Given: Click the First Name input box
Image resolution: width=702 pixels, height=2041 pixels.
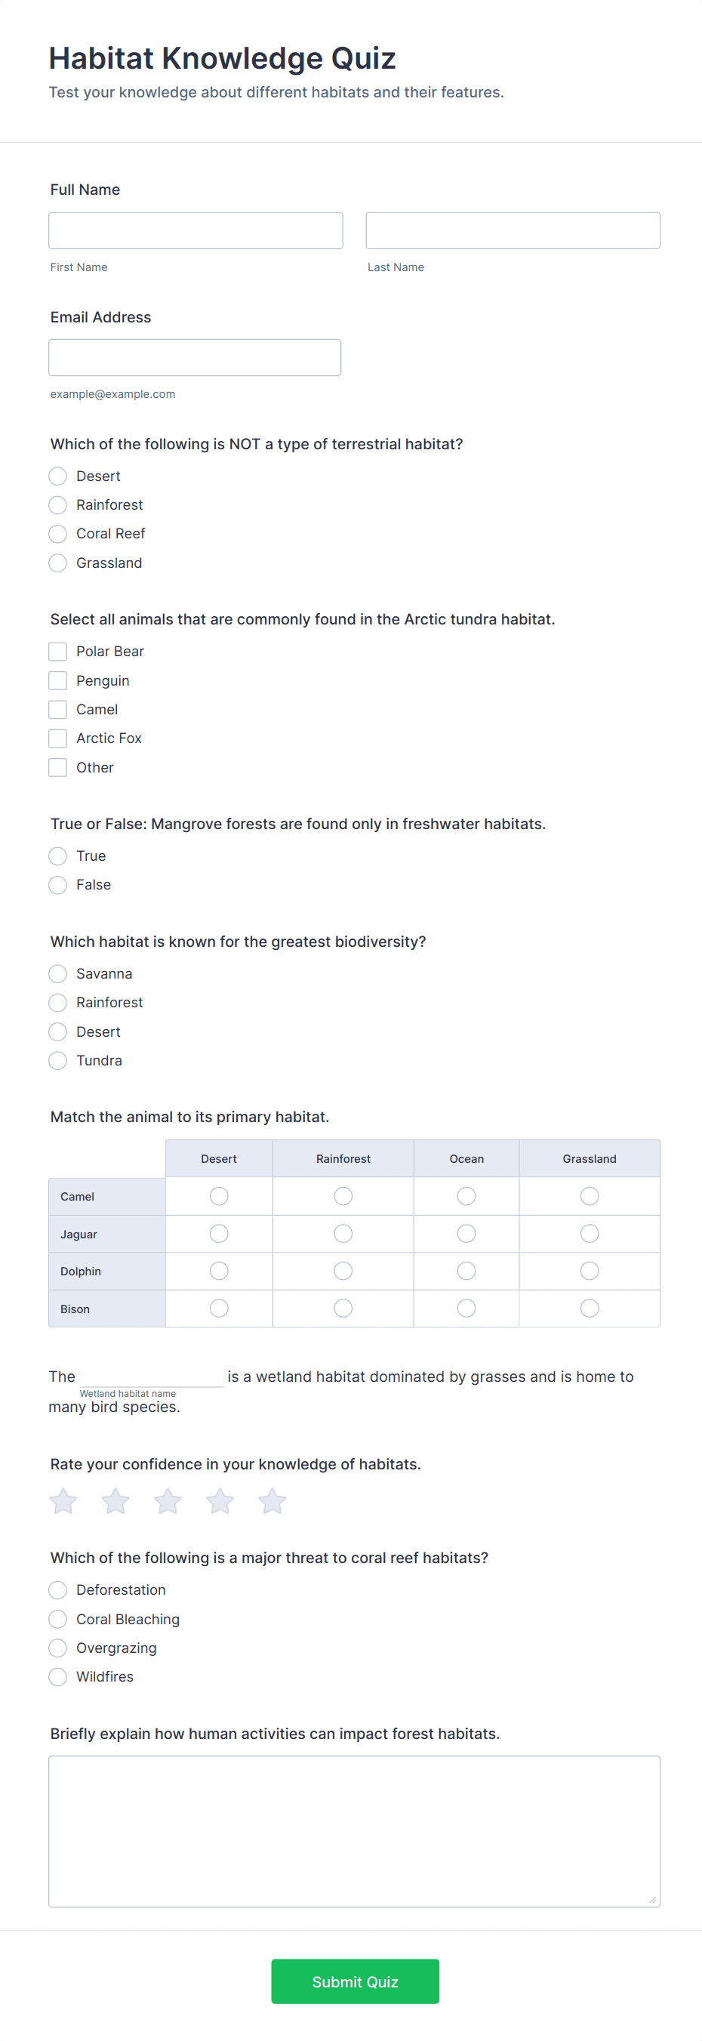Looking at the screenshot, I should click(195, 230).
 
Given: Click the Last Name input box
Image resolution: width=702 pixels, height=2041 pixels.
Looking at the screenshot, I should click(512, 230).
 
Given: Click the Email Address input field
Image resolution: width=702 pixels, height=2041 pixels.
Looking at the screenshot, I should click(194, 357).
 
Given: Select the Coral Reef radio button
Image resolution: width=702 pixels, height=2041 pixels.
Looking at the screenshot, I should click(58, 534).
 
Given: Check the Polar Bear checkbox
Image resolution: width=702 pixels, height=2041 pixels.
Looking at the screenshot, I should click(58, 652).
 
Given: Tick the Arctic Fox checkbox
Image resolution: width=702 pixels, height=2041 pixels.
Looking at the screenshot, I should click(58, 738).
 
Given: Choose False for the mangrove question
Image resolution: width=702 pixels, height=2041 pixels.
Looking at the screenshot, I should click(58, 885).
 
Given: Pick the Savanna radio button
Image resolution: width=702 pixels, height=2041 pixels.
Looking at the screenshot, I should click(58, 974).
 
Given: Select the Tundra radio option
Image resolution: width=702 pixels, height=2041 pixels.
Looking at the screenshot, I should click(58, 1061).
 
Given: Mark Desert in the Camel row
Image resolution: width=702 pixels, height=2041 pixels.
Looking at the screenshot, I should click(219, 1196).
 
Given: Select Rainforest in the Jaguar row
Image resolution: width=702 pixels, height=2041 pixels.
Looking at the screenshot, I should click(343, 1234).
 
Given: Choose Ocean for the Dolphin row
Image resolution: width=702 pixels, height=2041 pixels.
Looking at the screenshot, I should click(466, 1271).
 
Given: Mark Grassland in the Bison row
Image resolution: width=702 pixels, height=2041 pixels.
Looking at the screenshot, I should click(590, 1308).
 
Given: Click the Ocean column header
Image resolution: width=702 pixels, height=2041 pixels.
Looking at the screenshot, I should click(466, 1159).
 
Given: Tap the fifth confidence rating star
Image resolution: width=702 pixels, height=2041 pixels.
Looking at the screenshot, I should click(272, 1501).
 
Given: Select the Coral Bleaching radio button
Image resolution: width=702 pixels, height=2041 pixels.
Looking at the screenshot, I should click(58, 1620).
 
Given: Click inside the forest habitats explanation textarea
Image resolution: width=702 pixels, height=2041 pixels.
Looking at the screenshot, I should click(353, 1831).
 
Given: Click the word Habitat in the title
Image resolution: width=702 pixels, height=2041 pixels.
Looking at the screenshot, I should click(101, 59).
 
